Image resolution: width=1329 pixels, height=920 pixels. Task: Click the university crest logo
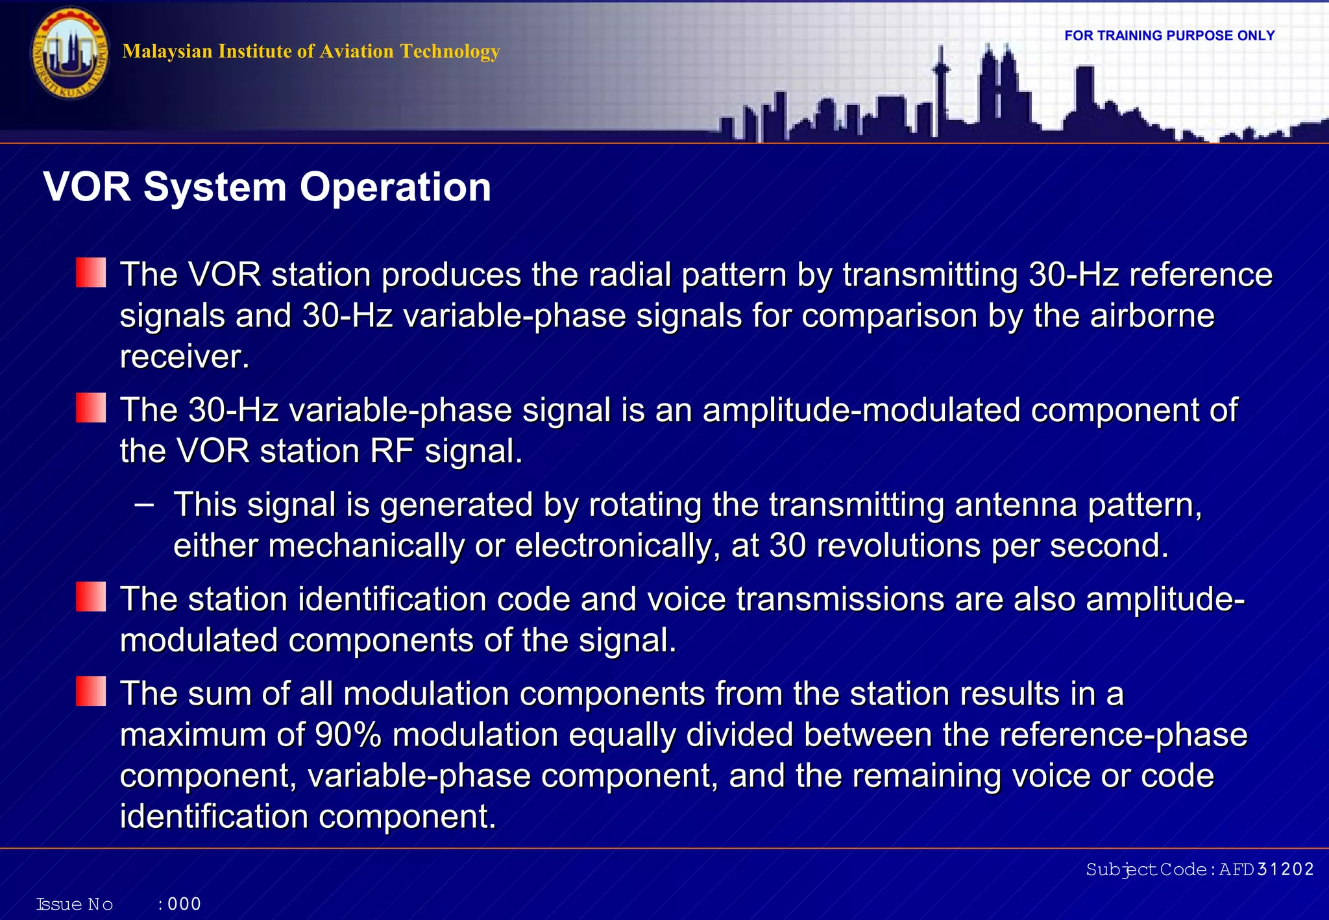(70, 53)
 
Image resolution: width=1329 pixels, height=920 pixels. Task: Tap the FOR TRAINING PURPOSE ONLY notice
(1169, 36)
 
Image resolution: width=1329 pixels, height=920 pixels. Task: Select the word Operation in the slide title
(395, 188)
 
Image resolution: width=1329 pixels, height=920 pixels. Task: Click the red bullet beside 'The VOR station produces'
(90, 272)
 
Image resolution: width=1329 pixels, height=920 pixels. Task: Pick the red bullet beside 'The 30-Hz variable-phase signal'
(90, 408)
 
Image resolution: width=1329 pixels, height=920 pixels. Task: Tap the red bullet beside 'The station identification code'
(90, 597)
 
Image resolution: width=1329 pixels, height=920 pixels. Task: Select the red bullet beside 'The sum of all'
(90, 692)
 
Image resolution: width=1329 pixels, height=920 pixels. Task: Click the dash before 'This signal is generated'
(144, 504)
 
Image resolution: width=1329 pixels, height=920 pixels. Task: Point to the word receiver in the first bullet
(184, 357)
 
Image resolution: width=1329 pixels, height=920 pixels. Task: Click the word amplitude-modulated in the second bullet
(861, 411)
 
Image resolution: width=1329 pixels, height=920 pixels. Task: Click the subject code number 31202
(1286, 869)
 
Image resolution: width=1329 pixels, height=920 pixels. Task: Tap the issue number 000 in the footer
(184, 904)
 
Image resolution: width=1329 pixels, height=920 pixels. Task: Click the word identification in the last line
(214, 817)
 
